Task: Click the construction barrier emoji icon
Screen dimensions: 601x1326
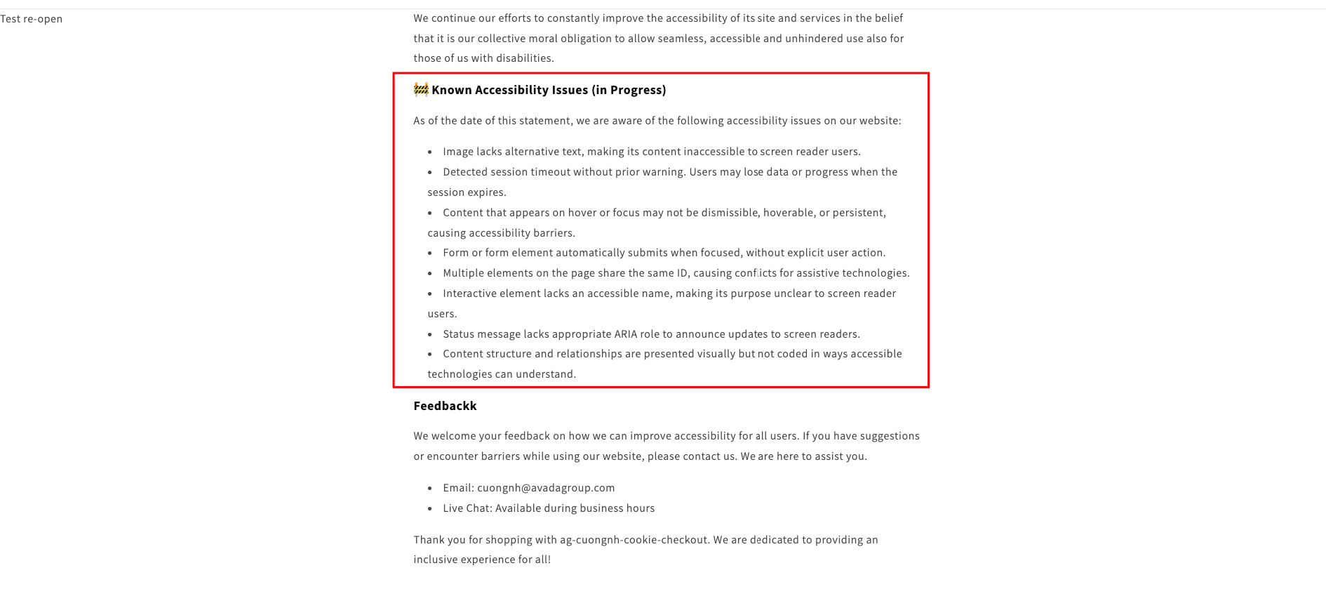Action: coord(421,89)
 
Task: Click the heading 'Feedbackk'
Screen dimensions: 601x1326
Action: coord(445,406)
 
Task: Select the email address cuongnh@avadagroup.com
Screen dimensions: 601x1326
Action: coord(546,488)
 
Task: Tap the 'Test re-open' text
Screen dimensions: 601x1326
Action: coord(32,19)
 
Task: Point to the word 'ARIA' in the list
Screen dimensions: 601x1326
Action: coord(625,334)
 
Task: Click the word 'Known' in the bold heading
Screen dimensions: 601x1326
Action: coord(451,90)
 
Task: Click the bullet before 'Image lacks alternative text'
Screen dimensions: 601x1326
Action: coord(430,152)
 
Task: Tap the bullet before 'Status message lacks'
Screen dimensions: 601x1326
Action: coord(430,334)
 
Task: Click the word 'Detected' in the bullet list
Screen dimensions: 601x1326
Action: coord(465,172)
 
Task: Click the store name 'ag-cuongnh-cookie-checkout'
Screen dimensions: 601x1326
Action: coord(634,540)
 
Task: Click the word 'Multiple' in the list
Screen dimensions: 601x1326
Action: coord(463,273)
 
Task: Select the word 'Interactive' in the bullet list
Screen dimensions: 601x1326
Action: coord(469,293)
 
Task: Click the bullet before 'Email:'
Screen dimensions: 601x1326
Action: coord(430,488)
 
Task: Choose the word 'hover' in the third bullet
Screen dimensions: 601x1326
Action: coord(582,213)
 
